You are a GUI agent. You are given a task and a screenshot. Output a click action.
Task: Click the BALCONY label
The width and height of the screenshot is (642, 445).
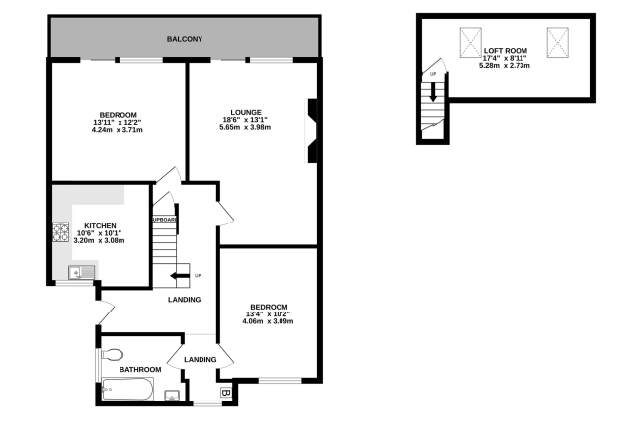(x=185, y=39)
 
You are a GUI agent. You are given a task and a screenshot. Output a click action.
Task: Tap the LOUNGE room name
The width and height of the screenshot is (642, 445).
(x=246, y=112)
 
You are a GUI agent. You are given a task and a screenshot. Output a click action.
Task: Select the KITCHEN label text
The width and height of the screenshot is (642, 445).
(x=100, y=225)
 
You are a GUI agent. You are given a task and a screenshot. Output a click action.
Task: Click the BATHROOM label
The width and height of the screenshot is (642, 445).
(x=140, y=369)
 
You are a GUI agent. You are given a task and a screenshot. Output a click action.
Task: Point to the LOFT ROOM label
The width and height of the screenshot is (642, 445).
(x=506, y=51)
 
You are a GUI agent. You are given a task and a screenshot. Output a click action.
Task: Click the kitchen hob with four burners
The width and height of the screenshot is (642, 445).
(x=61, y=232)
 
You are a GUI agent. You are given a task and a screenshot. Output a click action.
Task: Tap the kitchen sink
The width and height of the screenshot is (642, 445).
(x=81, y=272)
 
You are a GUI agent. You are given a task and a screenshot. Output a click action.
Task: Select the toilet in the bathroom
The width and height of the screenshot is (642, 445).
(x=112, y=354)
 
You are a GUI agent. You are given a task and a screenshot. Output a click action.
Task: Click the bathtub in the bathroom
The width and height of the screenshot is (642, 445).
(x=127, y=389)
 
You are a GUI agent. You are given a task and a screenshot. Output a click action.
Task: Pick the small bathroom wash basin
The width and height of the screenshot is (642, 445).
(x=172, y=395)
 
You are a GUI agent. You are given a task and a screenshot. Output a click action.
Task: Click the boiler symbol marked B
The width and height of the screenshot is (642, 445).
(x=226, y=393)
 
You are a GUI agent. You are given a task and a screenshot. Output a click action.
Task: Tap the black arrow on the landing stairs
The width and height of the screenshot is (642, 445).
(x=180, y=275)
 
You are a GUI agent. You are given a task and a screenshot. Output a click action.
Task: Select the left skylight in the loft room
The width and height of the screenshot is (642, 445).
(x=471, y=43)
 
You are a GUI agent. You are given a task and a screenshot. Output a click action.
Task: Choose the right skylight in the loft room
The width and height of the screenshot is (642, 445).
(x=558, y=43)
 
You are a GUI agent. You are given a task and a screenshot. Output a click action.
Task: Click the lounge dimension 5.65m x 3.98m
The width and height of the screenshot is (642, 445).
(x=245, y=127)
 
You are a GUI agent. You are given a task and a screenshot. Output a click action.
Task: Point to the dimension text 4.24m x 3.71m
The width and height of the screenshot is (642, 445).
(x=118, y=130)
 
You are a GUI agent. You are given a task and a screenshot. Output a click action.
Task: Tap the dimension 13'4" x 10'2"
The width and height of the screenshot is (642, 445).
(x=268, y=313)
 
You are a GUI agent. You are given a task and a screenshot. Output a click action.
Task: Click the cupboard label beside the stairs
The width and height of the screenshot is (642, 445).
(x=165, y=220)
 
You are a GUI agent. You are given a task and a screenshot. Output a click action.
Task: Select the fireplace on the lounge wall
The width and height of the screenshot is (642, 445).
(x=311, y=132)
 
